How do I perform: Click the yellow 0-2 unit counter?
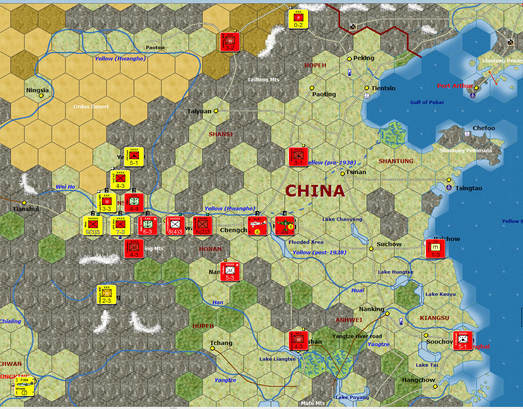[298, 19]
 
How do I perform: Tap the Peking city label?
[363, 58]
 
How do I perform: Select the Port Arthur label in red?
[455, 86]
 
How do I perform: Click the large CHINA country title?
[315, 191]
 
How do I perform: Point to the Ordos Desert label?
[91, 107]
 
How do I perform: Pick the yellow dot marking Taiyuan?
[216, 111]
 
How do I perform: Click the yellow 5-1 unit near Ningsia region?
[134, 157]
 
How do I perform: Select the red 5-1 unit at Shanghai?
[463, 340]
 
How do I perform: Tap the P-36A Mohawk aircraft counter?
[24, 386]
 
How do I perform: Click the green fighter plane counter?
[284, 226]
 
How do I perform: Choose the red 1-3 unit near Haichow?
[435, 249]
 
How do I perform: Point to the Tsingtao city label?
[469, 188]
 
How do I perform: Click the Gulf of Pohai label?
[427, 102]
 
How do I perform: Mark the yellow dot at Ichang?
[212, 349]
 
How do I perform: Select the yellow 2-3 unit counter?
[106, 295]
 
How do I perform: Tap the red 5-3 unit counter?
[230, 272]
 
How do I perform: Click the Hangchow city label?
[418, 380]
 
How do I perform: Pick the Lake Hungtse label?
[395, 272]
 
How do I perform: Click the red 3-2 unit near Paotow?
[230, 42]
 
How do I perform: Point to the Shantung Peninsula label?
[465, 150]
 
